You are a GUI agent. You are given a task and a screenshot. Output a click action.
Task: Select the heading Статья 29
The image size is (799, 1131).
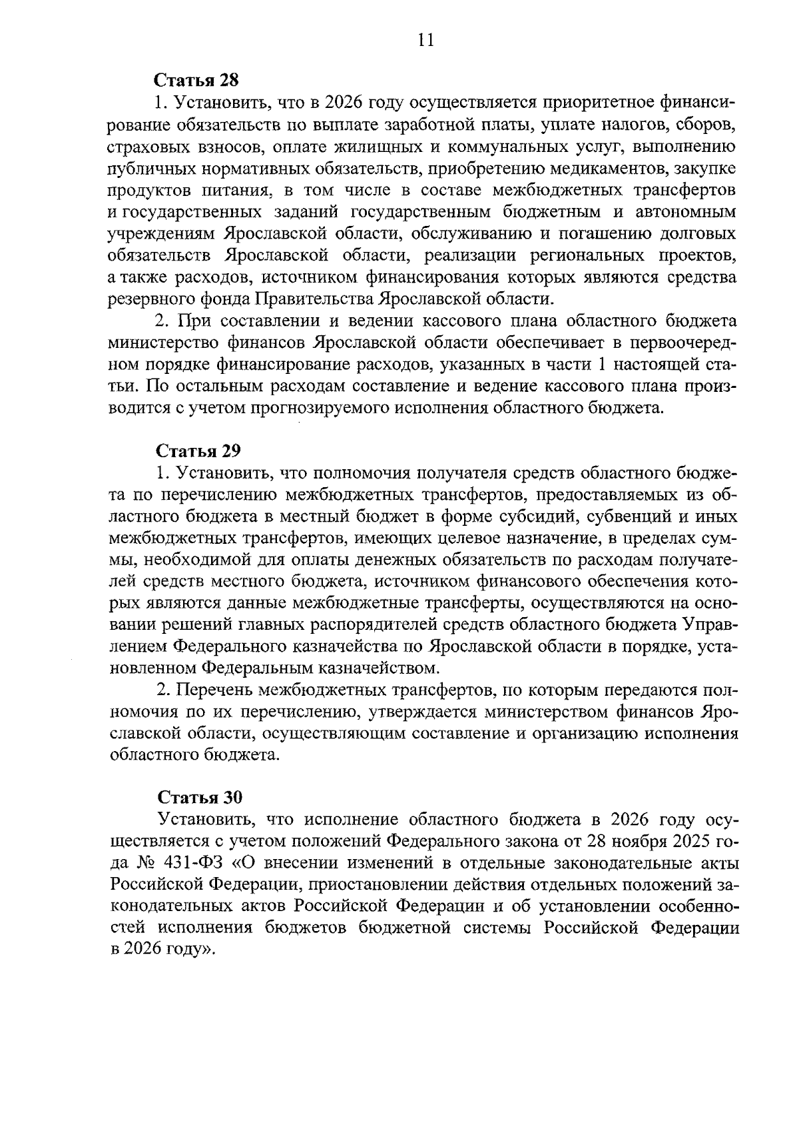pyautogui.click(x=197, y=451)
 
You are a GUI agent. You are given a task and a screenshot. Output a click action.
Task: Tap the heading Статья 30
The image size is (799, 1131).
pyautogui.click(x=200, y=798)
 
